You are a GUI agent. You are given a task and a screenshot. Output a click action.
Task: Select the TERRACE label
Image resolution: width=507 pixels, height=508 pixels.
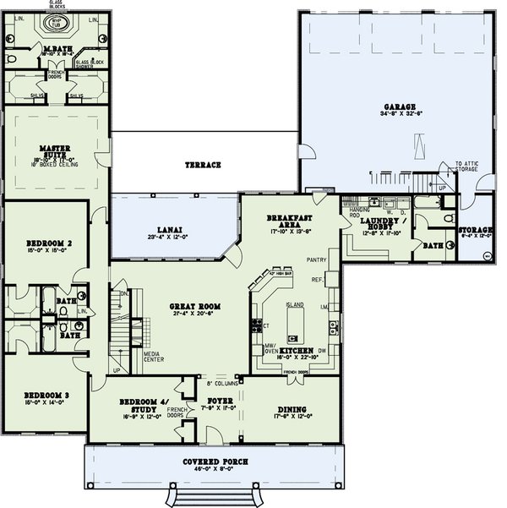click(204, 165)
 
